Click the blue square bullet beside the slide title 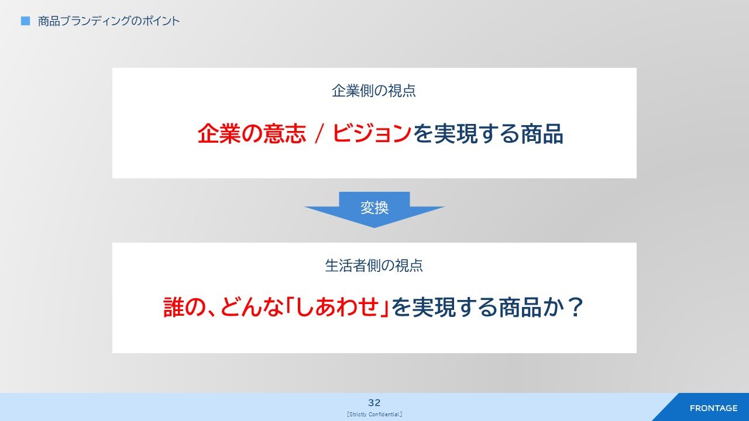coord(25,21)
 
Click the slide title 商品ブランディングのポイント coord(109,21)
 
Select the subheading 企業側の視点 coord(374,91)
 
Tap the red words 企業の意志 coord(252,134)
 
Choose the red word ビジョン coord(372,134)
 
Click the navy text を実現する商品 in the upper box coord(488,134)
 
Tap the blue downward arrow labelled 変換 coord(374,209)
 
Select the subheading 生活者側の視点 coord(374,265)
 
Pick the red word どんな coord(252,308)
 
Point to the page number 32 coord(374,403)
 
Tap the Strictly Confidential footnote coord(374,415)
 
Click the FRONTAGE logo coord(713,408)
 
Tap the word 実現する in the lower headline coord(455,308)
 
